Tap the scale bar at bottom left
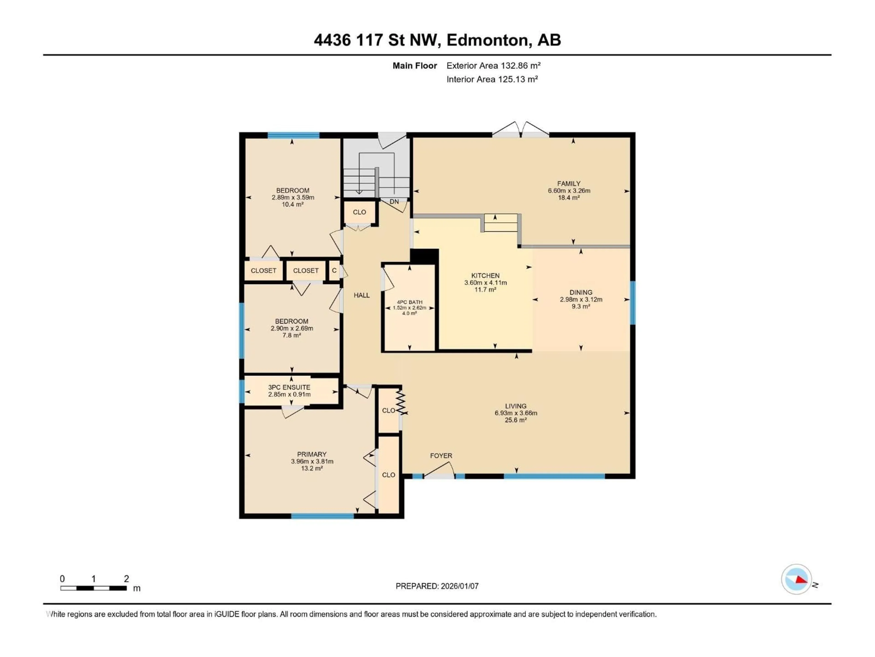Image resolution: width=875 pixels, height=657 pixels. tap(93, 588)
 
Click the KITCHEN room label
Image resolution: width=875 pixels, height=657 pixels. tap(485, 276)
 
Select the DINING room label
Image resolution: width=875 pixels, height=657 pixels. tap(581, 292)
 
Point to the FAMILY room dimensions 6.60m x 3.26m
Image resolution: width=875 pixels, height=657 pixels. tap(569, 190)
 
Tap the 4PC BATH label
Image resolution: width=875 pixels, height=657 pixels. tap(409, 302)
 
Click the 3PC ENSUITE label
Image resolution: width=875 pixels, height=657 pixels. tap(289, 387)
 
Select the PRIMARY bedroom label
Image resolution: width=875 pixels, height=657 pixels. tap(312, 454)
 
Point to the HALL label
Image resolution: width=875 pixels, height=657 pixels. tap(362, 295)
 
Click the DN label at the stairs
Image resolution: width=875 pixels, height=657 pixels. tap(394, 202)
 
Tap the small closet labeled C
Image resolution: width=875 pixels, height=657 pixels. tap(334, 271)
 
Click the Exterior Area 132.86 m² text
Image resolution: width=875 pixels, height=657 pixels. tap(493, 66)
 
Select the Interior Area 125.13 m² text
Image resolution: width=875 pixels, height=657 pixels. tap(492, 79)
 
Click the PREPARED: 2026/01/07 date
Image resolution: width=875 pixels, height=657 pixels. tap(437, 586)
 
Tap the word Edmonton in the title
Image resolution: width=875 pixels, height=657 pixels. tap(487, 40)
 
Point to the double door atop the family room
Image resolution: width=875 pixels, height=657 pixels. tap(521, 130)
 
